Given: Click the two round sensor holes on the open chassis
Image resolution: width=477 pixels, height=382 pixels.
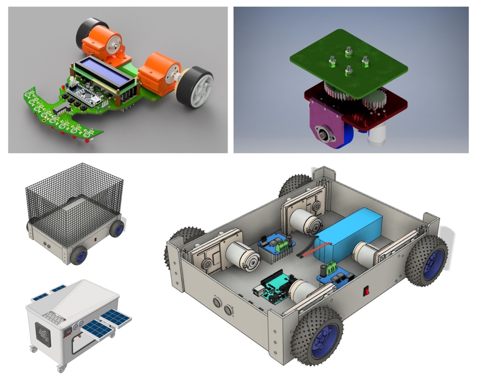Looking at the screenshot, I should click(223, 306).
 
